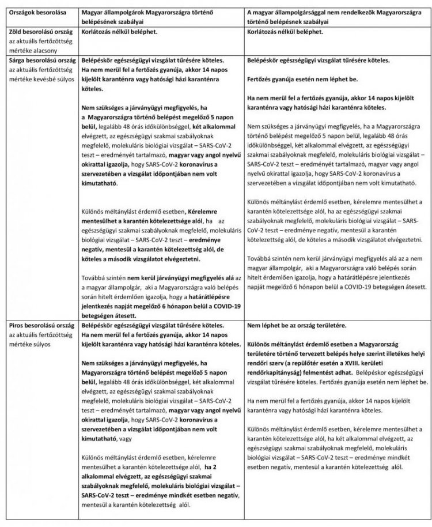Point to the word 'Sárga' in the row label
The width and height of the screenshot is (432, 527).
pyautogui.click(x=18, y=60)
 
